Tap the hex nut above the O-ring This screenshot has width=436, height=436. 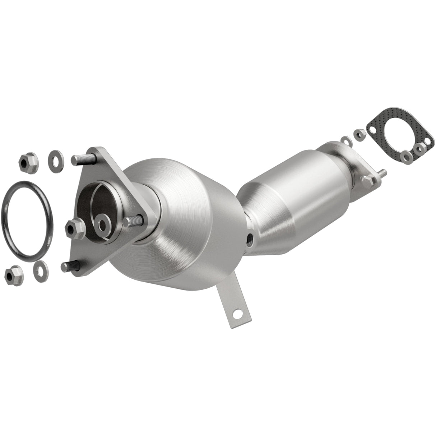pos(25,162)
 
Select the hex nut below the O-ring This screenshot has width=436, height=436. pos(14,275)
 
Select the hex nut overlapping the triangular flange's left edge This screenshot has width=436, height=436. pos(75,226)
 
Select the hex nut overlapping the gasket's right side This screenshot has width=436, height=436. pos(419,148)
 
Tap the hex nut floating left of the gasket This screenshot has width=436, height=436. pos(360,134)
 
